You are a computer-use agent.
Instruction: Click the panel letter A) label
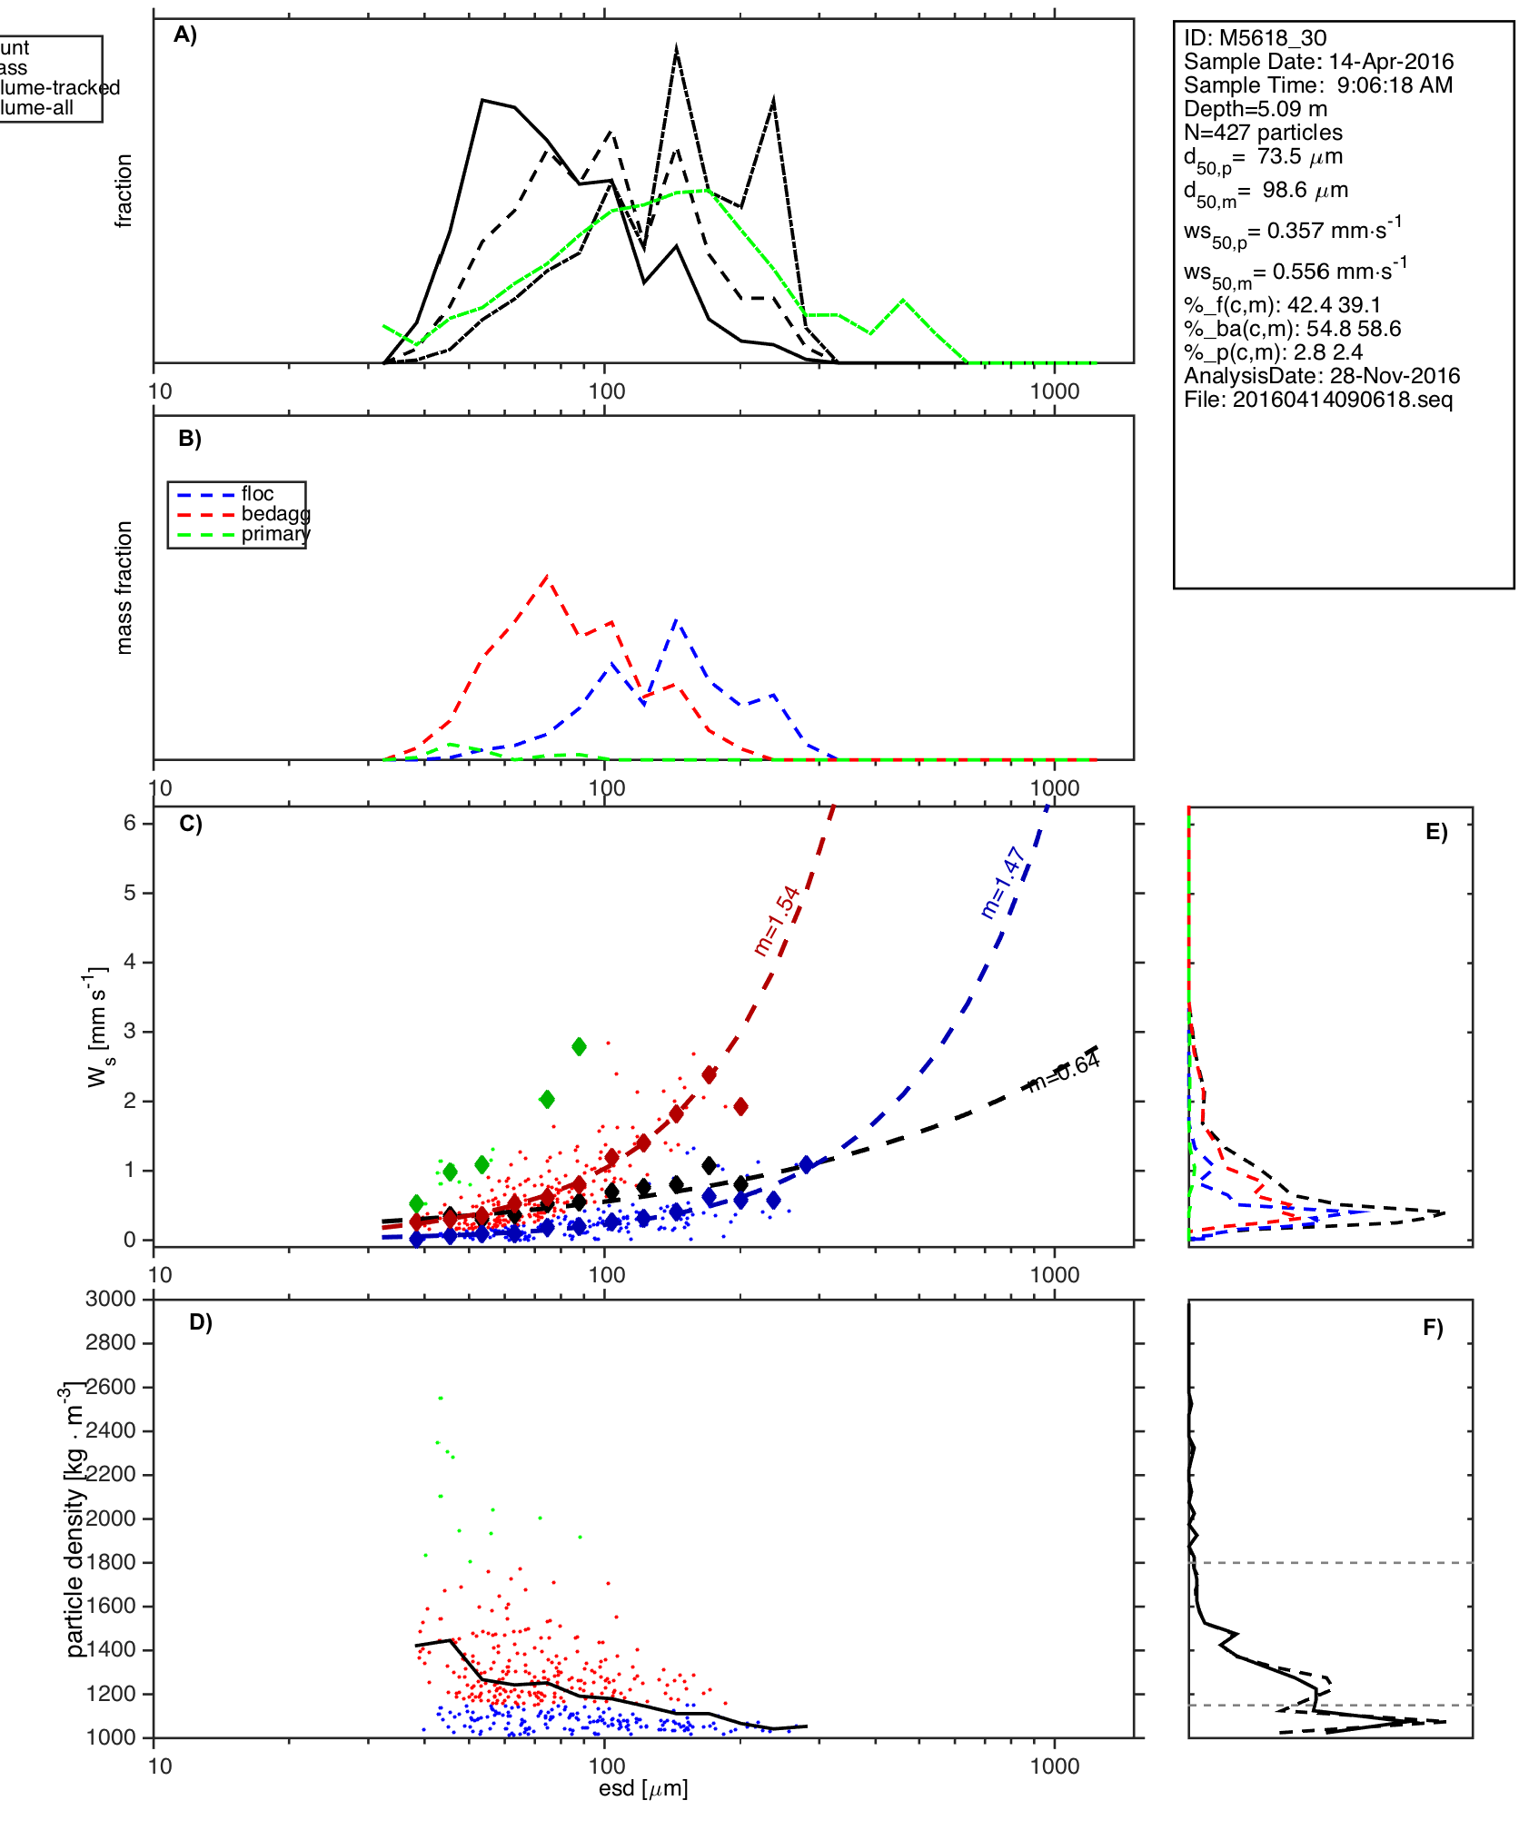coord(185,35)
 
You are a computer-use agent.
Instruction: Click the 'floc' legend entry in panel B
coord(257,494)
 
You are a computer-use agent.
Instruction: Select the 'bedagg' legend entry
coord(275,514)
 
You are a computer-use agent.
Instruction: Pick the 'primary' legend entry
coord(275,534)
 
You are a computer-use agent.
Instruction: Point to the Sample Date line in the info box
coord(1318,62)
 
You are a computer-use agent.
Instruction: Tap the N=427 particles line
coord(1263,133)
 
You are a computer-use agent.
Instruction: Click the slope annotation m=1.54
coord(778,920)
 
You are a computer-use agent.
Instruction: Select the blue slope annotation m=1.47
coord(1004,882)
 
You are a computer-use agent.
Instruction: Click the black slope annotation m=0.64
coord(1063,1071)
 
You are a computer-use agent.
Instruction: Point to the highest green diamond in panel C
coord(579,1047)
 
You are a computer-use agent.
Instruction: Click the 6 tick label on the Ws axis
coord(130,823)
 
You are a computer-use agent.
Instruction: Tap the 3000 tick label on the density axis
coord(110,1299)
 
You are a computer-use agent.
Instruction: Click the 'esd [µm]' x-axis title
coord(643,1789)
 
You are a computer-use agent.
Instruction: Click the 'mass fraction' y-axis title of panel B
coord(124,588)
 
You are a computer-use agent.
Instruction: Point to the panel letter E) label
coord(1436,833)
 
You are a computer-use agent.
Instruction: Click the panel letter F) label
coord(1433,1329)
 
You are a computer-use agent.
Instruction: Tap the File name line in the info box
coord(1318,400)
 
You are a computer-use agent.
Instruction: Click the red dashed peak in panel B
coord(546,576)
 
